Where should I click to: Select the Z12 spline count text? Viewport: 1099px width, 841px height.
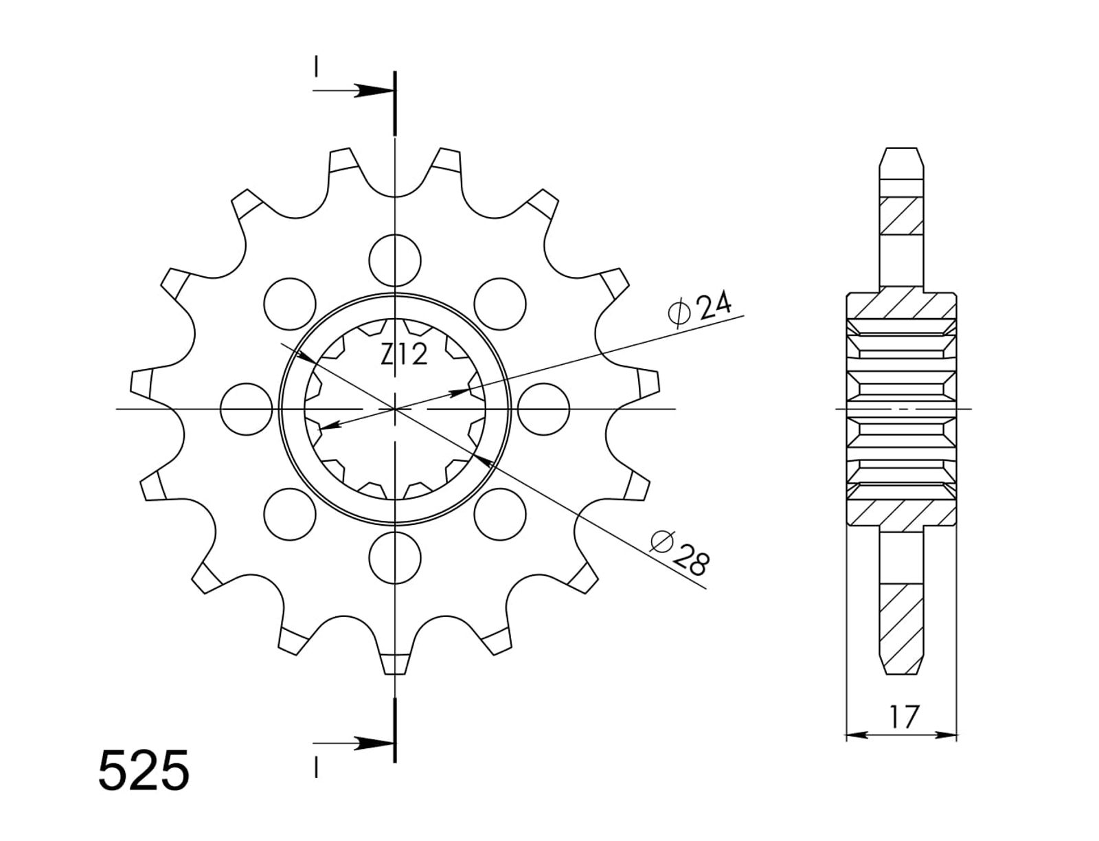pos(404,354)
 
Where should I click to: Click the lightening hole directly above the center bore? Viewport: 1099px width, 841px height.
pos(394,260)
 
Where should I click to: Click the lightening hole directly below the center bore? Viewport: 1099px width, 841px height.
pos(394,558)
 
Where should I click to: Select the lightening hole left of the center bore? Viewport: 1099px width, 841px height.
pos(247,410)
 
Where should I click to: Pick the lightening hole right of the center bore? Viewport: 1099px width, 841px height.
pos(543,410)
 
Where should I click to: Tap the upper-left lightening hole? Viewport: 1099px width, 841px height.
pos(290,304)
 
